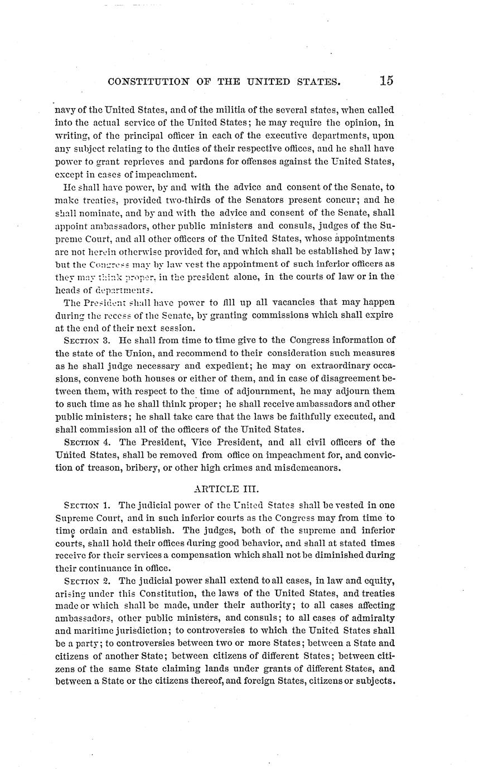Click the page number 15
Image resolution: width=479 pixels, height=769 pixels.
[386, 80]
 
